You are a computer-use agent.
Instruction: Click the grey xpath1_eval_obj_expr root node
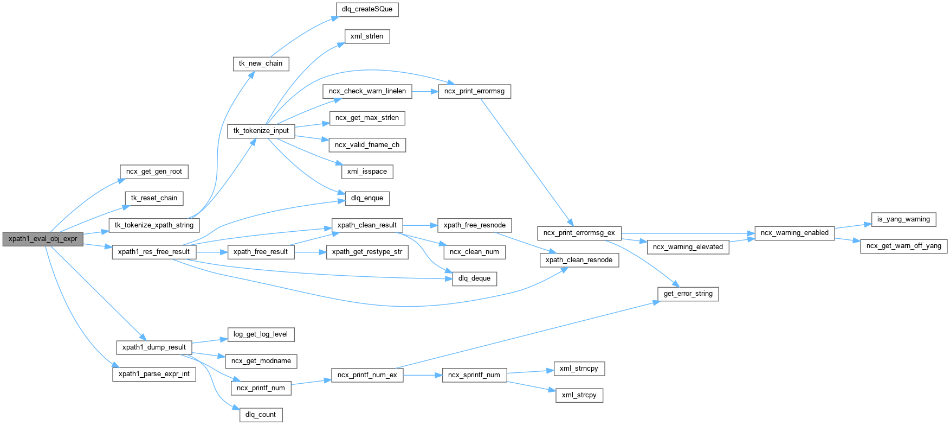(43, 239)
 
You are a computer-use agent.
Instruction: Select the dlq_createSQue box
(367, 9)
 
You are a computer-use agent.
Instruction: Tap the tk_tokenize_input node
(261, 131)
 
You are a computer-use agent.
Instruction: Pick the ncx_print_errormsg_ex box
(579, 233)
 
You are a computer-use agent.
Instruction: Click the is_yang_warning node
(903, 219)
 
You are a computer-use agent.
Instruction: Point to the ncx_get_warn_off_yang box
(903, 246)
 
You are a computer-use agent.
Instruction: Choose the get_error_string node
(688, 294)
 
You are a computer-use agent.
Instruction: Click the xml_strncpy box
(579, 369)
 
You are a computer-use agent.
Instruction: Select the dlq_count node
(260, 415)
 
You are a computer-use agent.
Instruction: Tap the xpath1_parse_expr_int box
(154, 374)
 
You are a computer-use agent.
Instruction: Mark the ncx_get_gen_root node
(154, 172)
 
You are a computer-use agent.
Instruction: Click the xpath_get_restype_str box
(367, 252)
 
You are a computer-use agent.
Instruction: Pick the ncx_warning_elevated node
(688, 247)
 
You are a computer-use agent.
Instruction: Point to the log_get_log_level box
(260, 334)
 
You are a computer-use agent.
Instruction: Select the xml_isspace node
(367, 172)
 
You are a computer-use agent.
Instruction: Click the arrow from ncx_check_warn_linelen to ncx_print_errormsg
(425, 91)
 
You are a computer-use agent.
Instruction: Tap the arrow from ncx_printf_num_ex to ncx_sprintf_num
(423, 375)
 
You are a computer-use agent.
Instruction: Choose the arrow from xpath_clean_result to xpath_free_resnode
(420, 225)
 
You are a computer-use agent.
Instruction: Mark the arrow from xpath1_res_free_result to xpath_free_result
(211, 252)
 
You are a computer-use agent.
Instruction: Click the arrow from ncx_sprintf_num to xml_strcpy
(531, 385)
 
